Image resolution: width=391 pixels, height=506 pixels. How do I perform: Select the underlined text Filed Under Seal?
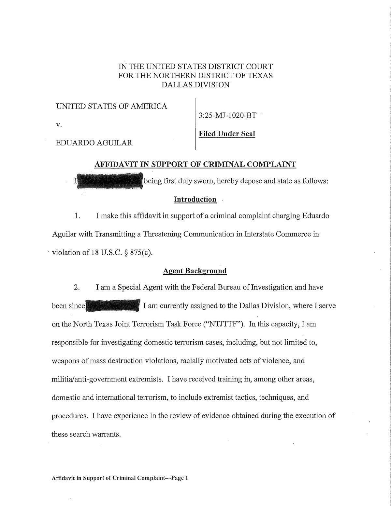[x=227, y=134]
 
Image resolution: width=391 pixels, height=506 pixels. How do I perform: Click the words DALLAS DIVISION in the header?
[x=195, y=85]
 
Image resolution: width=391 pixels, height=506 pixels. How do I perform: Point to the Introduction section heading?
[x=195, y=199]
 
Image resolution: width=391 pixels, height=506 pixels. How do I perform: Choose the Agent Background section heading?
[x=195, y=271]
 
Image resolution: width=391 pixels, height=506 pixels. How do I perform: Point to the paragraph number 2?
[x=77, y=288]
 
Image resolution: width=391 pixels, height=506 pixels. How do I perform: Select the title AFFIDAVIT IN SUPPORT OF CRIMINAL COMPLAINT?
[x=195, y=164]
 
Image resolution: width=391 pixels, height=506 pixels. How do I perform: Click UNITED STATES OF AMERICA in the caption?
[x=112, y=106]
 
